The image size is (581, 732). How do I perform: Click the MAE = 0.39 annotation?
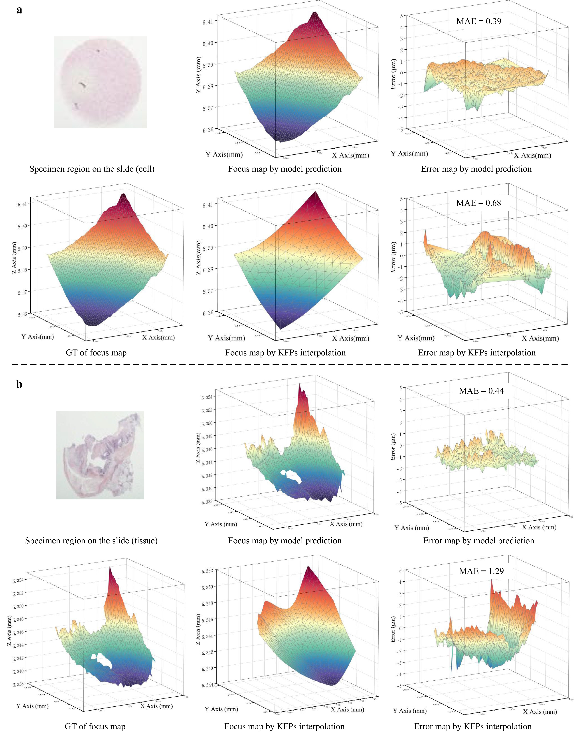point(478,21)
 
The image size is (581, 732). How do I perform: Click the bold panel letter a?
point(19,10)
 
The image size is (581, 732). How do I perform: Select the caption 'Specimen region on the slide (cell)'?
point(92,169)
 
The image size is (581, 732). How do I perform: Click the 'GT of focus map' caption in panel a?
point(96,353)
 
